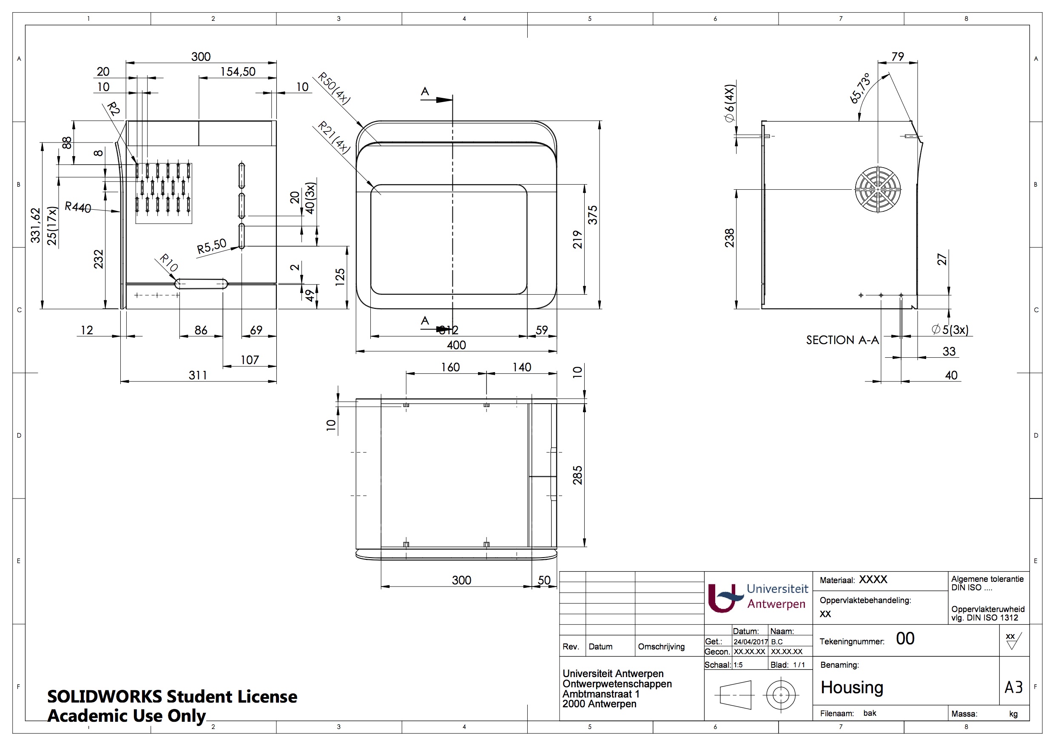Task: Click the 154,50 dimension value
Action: [x=238, y=72]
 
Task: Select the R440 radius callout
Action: [x=78, y=207]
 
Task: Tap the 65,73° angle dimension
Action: [x=860, y=88]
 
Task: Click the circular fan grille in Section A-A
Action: [x=878, y=189]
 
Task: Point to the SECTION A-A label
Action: [x=842, y=340]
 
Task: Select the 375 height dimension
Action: [x=593, y=215]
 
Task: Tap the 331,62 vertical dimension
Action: [x=35, y=225]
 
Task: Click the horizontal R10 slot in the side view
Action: [x=201, y=284]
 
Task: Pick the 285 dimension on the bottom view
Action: [x=577, y=475]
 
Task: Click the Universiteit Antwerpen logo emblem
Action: [x=725, y=597]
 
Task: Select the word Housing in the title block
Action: [x=852, y=688]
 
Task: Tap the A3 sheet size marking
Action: [x=1014, y=688]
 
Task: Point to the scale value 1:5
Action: [x=738, y=665]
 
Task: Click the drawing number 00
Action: [x=905, y=638]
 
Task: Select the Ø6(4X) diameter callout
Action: [x=730, y=103]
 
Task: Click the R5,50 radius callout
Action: [x=211, y=246]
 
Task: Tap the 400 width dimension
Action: [x=456, y=345]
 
